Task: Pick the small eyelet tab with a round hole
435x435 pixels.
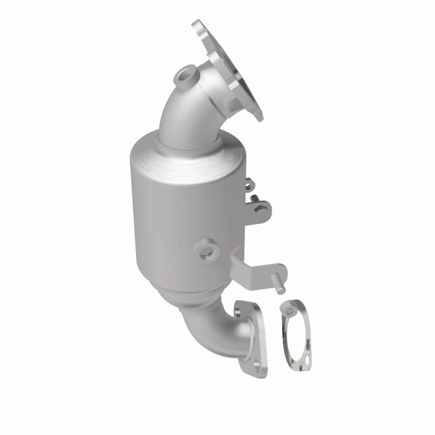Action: (x=249, y=185)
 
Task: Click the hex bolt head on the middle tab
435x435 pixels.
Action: (x=263, y=207)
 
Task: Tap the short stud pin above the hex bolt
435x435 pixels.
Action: (x=251, y=194)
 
